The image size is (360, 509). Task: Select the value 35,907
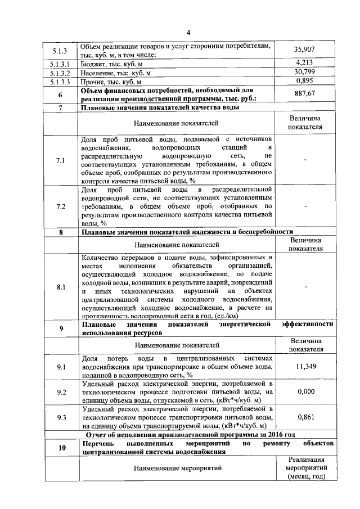304,49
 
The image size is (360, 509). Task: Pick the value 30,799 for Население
304,72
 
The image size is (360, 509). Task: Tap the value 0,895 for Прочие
304,81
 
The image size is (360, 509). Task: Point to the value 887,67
304,94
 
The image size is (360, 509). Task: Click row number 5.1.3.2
60,73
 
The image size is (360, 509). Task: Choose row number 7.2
61,206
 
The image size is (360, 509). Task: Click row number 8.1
61,287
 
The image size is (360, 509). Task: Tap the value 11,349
304,367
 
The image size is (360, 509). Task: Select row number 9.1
61,367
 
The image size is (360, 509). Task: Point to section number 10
61,447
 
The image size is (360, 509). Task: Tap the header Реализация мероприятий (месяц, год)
305,468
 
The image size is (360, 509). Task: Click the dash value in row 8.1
304,287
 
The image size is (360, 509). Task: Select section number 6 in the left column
60,94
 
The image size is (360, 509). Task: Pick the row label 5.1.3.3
60,82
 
